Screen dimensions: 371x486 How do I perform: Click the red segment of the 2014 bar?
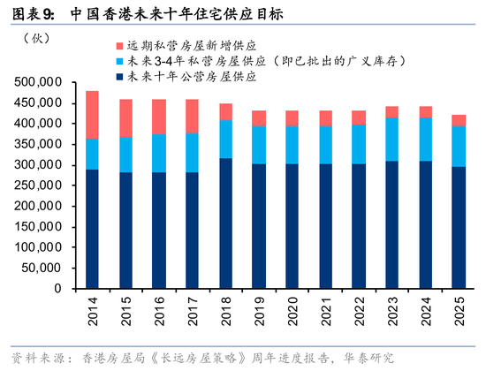pyautogui.click(x=92, y=115)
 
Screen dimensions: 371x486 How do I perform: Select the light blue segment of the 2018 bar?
pyautogui.click(x=225, y=139)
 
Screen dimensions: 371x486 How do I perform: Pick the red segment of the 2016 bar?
pyautogui.click(x=159, y=117)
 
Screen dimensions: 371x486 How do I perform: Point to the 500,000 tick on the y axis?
pyautogui.click(x=39, y=82)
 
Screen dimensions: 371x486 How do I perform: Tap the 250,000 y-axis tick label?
pyautogui.click(x=39, y=185)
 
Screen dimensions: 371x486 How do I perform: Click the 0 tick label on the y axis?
pyautogui.click(x=57, y=289)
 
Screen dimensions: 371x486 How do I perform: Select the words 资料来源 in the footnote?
pyautogui.click(x=31, y=357)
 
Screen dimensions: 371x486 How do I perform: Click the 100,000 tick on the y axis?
pyautogui.click(x=39, y=247)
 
